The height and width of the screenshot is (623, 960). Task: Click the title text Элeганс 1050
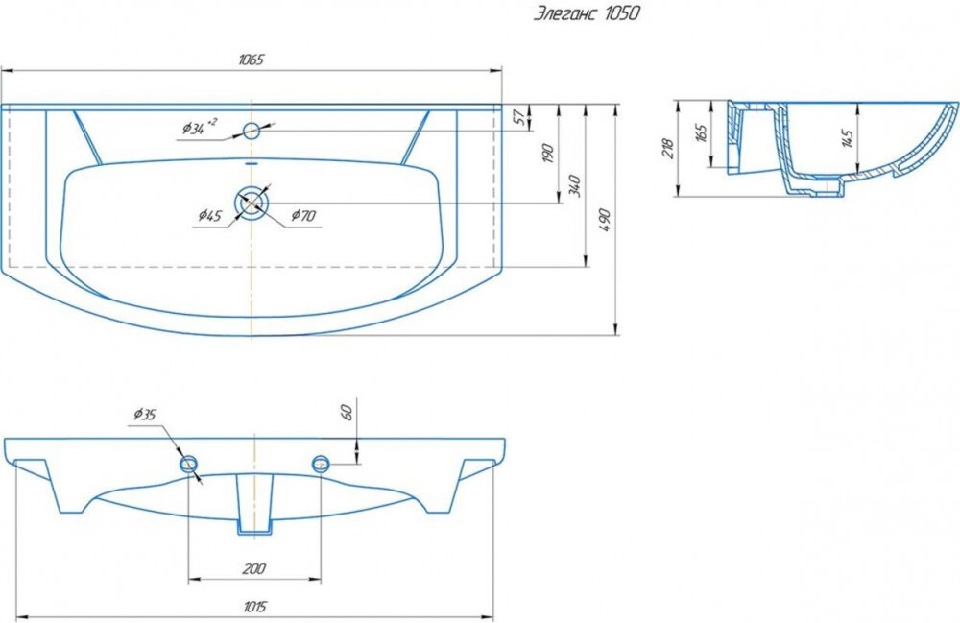coord(586,13)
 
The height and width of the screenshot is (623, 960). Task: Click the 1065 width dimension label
coord(251,60)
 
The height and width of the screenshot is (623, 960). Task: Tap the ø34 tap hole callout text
coord(199,128)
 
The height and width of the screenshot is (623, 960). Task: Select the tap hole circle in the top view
coord(252,131)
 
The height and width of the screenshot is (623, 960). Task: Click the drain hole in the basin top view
coord(252,203)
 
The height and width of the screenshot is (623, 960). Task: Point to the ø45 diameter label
coord(209,215)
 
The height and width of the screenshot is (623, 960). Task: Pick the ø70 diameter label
coord(303,215)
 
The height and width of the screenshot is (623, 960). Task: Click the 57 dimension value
coord(518,117)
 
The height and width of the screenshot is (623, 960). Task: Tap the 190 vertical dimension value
coord(548,153)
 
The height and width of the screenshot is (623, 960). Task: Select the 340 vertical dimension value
coord(574,185)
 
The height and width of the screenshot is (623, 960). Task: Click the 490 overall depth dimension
coord(604,220)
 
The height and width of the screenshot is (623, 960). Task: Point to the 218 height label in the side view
coord(667,149)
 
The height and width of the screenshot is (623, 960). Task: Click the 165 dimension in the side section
coord(702,132)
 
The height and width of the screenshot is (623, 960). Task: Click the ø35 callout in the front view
coord(145,415)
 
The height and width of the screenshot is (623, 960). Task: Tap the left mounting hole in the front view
coord(188,464)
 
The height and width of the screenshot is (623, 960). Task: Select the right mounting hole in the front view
coord(321,464)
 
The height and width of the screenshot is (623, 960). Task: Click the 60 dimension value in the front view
coord(347,412)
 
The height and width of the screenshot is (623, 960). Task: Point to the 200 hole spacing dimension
coord(253,568)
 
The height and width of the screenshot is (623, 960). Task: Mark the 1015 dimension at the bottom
coord(254,607)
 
